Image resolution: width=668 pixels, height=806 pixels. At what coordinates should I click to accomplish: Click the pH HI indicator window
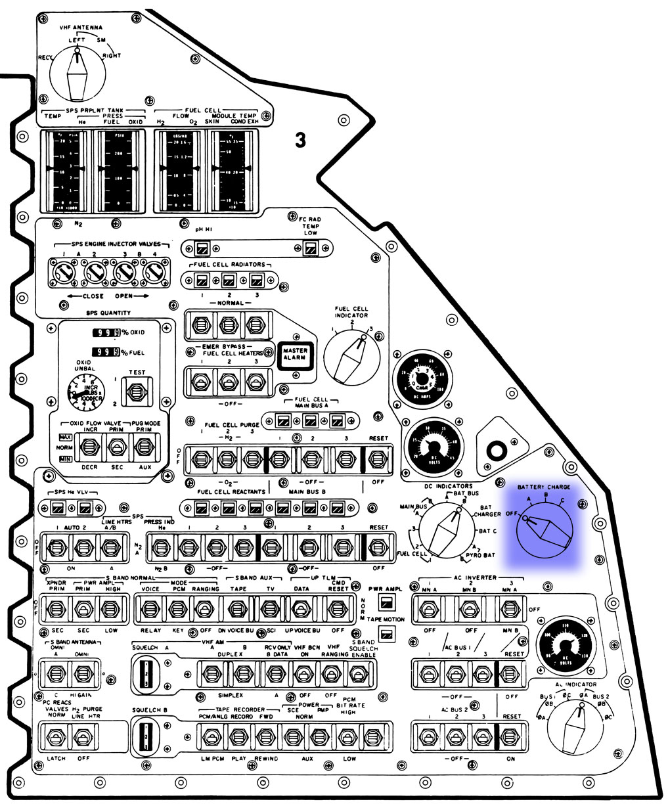[202, 248]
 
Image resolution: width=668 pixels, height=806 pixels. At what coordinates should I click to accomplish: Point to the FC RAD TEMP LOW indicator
[310, 248]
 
